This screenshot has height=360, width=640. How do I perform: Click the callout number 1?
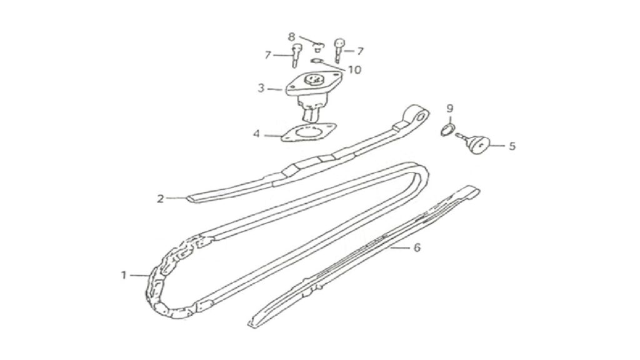pyautogui.click(x=124, y=276)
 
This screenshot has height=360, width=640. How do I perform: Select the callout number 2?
pyautogui.click(x=161, y=199)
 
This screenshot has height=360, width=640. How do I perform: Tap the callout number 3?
pyautogui.click(x=261, y=87)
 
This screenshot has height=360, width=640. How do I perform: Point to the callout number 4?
pyautogui.click(x=256, y=134)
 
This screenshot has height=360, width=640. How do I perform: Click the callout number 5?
pyautogui.click(x=512, y=146)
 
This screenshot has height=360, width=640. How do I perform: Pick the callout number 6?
pyautogui.click(x=417, y=247)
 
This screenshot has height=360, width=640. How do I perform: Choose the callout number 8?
pyautogui.click(x=291, y=37)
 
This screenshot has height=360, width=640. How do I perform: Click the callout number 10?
pyautogui.click(x=354, y=70)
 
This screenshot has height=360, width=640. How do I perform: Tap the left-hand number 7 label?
pyautogui.click(x=267, y=55)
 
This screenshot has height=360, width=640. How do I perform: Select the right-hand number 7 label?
pyautogui.click(x=359, y=51)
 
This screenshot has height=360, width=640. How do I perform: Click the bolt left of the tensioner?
pyautogui.click(x=296, y=56)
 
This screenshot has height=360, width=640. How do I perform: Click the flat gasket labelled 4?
pyautogui.click(x=309, y=132)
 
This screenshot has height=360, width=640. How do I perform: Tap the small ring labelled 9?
pyautogui.click(x=447, y=130)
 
